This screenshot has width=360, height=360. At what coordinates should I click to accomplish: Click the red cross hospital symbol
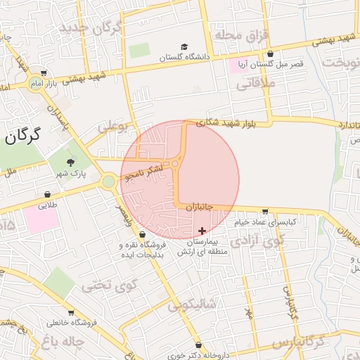[202, 231]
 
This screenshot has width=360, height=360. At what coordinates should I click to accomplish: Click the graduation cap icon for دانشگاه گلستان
[184, 47]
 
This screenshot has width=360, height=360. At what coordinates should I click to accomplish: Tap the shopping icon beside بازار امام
[44, 73]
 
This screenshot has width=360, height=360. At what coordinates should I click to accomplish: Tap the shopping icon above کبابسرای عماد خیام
[264, 211]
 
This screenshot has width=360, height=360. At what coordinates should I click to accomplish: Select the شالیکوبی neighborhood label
[190, 306]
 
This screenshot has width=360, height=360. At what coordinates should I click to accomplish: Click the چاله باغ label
[64, 342]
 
